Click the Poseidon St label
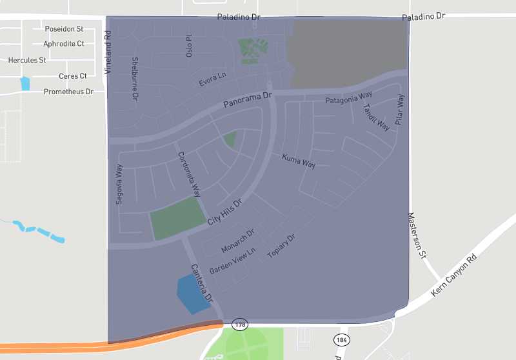(64, 29)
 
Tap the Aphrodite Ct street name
(64, 44)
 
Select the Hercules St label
(27, 60)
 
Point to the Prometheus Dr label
(68, 92)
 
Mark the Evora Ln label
(212, 80)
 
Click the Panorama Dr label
(248, 99)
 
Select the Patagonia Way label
(348, 99)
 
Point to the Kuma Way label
(299, 161)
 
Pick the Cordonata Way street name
(189, 174)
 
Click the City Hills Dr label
(224, 212)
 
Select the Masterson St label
(416, 235)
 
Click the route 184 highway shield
(342, 339)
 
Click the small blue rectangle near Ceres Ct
(25, 84)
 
